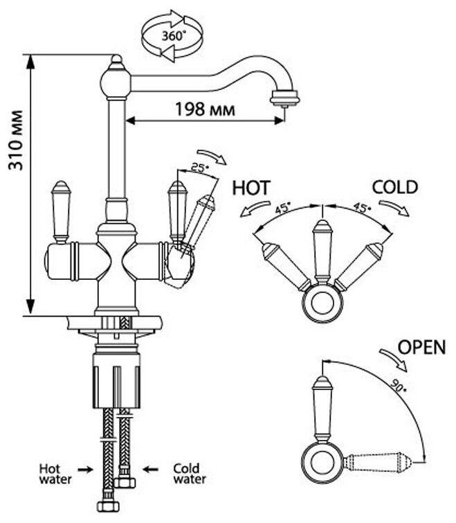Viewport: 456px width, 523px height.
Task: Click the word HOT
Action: point(251,188)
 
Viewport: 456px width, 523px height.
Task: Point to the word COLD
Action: point(394,187)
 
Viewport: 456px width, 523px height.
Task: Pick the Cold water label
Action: point(188,472)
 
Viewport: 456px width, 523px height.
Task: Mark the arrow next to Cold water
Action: point(152,470)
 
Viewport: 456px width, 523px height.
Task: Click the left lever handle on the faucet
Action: point(62,211)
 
